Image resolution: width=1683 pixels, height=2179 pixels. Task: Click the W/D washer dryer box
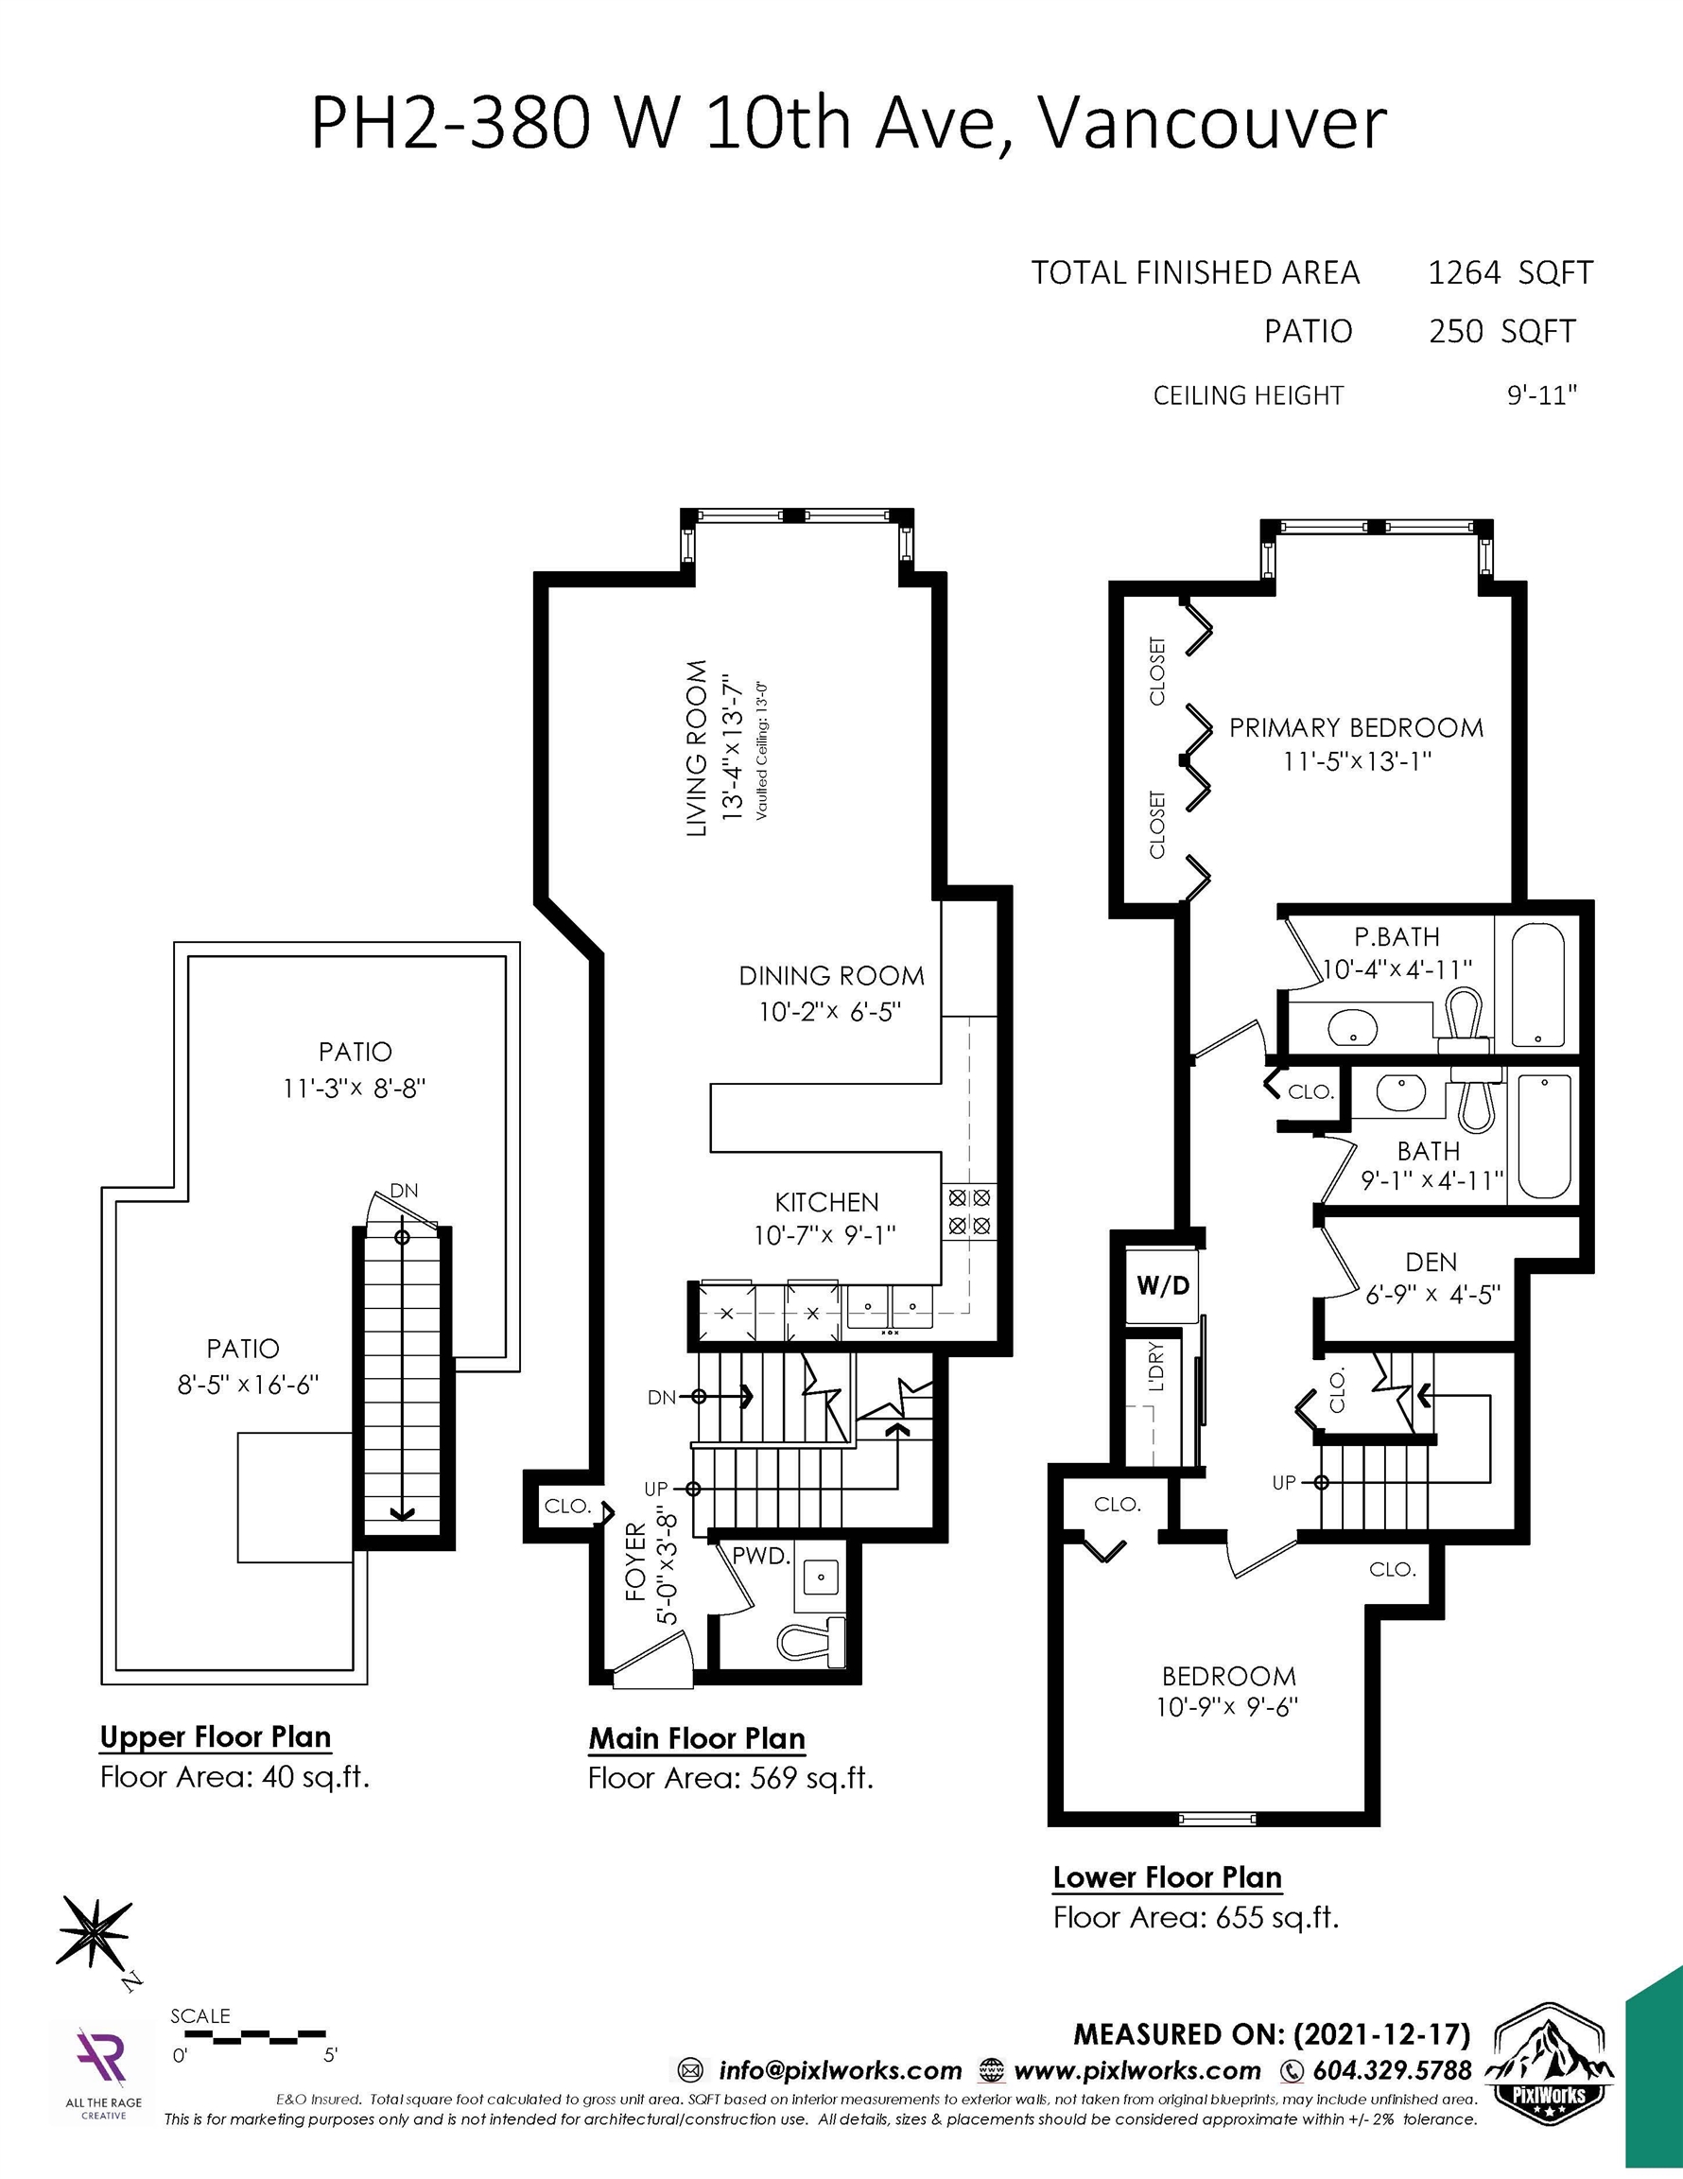(x=1163, y=1284)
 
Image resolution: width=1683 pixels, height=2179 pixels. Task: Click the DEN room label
(x=1431, y=1263)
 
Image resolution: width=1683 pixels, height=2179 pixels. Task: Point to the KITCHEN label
(x=827, y=1202)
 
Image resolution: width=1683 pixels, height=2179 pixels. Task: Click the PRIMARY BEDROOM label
(x=1356, y=727)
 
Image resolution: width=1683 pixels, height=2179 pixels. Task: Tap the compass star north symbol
(x=94, y=1932)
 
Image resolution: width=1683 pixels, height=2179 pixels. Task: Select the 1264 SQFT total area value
(x=1510, y=272)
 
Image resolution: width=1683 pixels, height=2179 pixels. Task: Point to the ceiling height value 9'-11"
(x=1541, y=395)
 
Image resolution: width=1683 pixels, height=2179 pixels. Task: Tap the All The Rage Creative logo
(x=103, y=2066)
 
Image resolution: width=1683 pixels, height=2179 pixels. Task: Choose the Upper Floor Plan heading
(x=216, y=1737)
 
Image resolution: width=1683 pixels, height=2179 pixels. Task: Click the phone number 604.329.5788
(x=1393, y=2070)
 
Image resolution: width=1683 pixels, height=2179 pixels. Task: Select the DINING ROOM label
(x=832, y=976)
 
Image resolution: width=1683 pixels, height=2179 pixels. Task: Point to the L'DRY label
(x=1156, y=1367)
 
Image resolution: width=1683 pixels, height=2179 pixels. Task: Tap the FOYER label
(x=636, y=1562)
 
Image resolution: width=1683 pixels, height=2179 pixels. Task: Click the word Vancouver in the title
(x=1211, y=124)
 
